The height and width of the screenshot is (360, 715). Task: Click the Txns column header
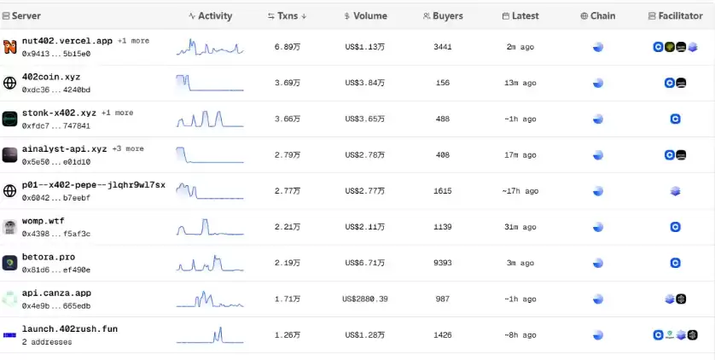[x=287, y=16]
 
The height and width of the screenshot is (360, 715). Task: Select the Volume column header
[x=365, y=16]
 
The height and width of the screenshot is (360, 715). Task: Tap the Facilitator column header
[x=675, y=16]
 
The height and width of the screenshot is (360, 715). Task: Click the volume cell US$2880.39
[x=365, y=299]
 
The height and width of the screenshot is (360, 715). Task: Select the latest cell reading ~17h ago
[x=520, y=191]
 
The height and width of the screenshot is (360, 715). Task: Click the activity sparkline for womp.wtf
[x=210, y=228]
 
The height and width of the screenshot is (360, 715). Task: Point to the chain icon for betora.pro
[x=598, y=263]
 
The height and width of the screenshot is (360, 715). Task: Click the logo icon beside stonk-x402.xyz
[x=9, y=119]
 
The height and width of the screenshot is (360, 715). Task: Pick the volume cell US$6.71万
[x=365, y=263]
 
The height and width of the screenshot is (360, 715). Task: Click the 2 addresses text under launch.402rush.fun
[x=47, y=341]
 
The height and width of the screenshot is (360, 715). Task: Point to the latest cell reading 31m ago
[x=520, y=227]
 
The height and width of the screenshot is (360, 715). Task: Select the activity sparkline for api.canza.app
[x=210, y=300]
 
